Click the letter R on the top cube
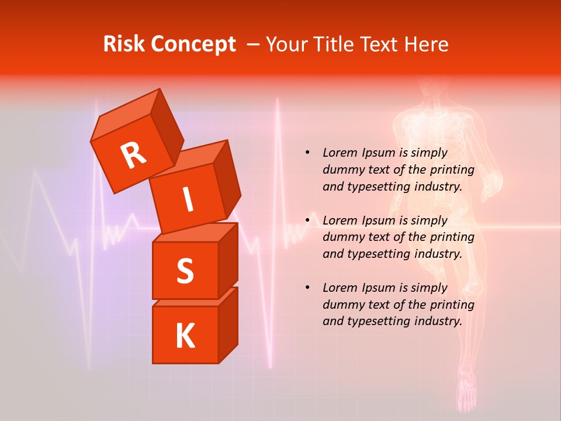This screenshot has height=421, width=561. [133, 155]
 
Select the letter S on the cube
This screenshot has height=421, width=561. [185, 271]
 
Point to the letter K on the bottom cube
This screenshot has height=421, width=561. [185, 336]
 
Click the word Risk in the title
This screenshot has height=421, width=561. [125, 44]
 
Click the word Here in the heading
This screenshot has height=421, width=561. [427, 44]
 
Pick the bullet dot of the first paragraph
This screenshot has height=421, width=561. [307, 153]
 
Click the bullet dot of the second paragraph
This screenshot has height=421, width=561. [307, 220]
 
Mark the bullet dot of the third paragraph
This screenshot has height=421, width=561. [307, 288]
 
